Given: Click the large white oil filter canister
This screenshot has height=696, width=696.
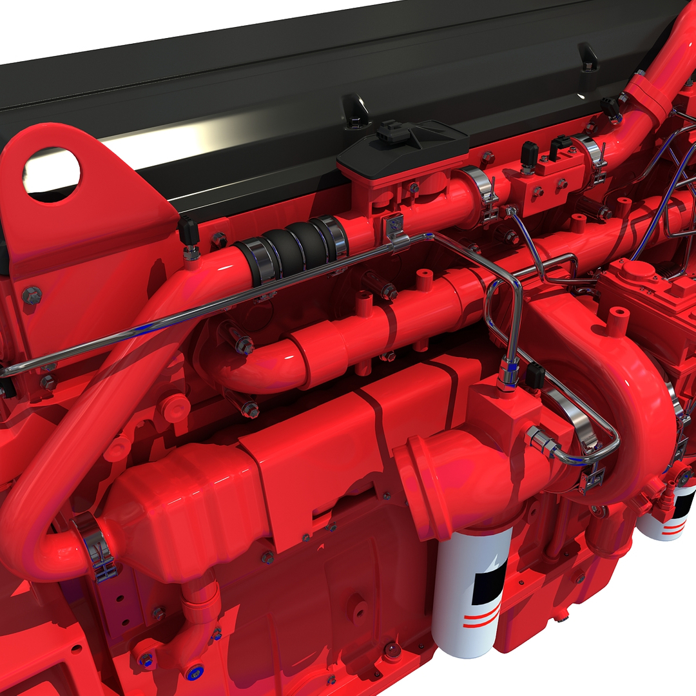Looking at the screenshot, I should pos(469,590).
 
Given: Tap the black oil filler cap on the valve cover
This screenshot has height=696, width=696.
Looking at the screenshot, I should pos(394,132).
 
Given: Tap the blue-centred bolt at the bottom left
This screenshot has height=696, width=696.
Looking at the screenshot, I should pos(147,659).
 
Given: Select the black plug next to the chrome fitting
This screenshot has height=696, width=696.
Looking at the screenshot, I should pos(534,375).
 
